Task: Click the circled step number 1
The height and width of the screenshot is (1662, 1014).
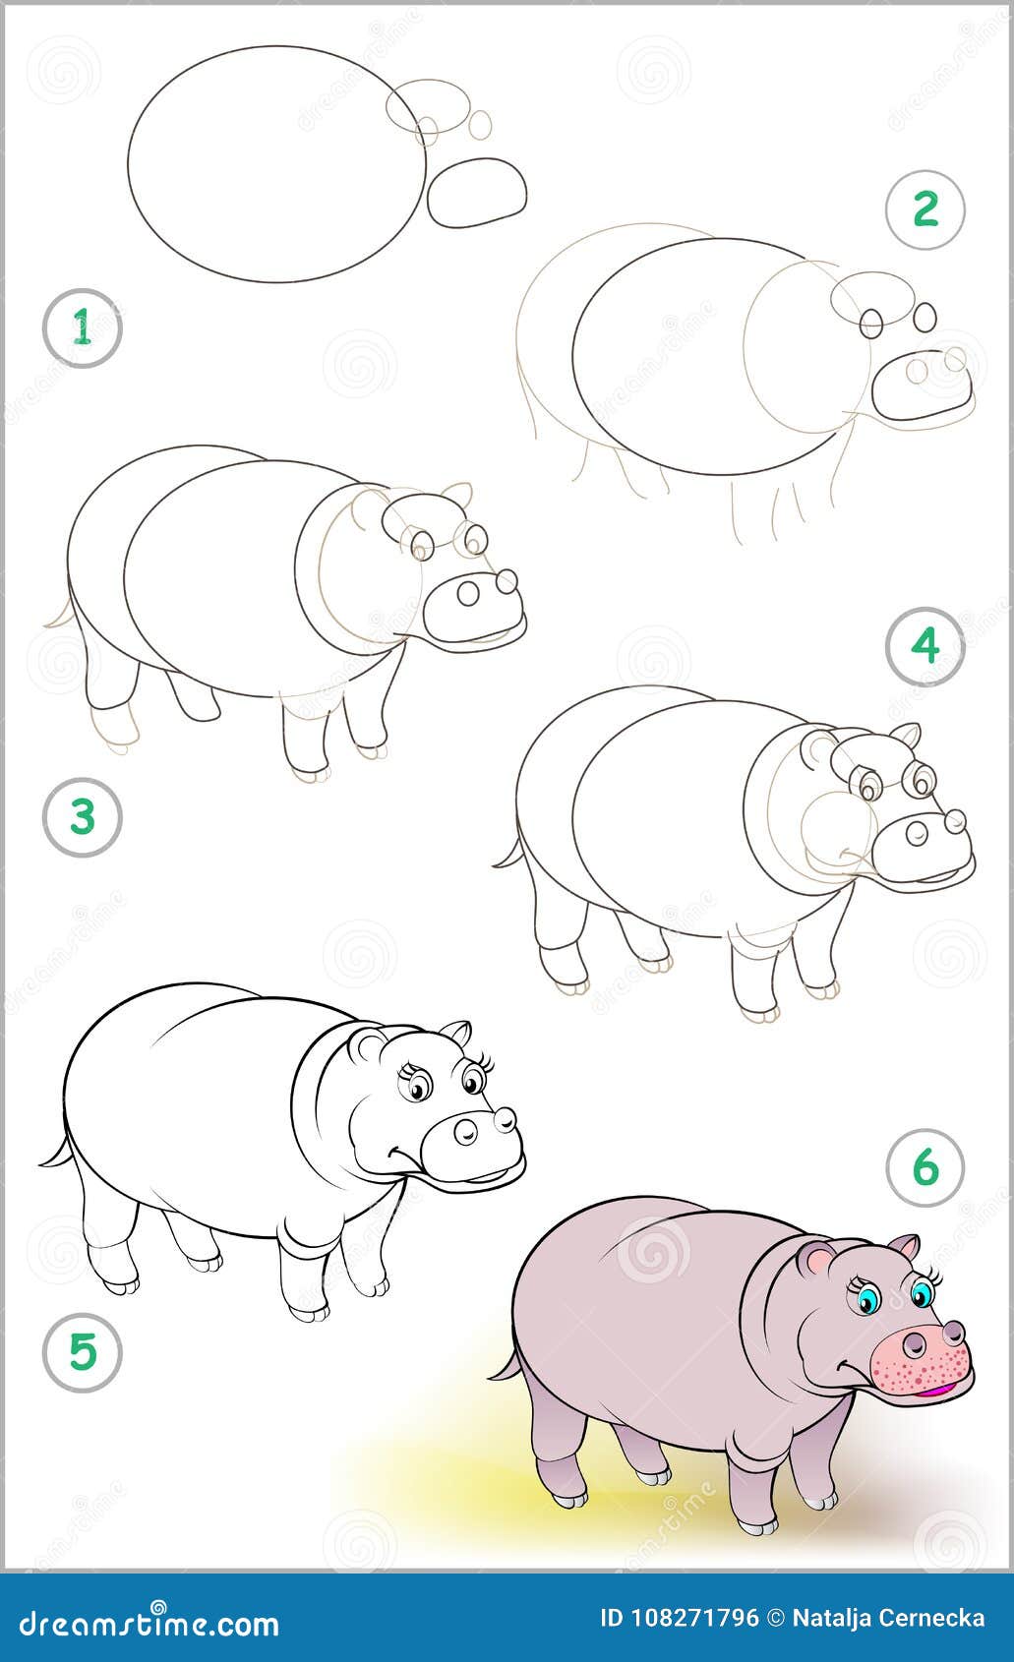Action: point(83,328)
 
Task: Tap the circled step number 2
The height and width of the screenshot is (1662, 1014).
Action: point(925,209)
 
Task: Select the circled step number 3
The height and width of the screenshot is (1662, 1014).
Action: point(83,816)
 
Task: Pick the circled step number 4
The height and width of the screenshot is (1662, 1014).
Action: point(925,646)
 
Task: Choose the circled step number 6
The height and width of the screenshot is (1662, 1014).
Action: point(925,1167)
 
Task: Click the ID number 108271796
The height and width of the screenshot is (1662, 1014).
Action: point(680,1617)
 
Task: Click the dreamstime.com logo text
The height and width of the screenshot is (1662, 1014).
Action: point(143,1623)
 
